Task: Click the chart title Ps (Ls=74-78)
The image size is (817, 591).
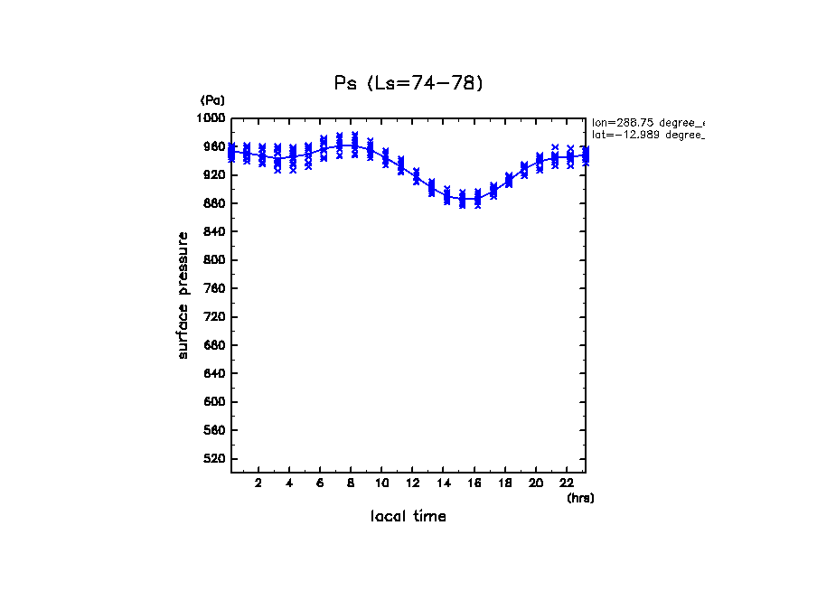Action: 408,84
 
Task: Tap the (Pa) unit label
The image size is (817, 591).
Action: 212,100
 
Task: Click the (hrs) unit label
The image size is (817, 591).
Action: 580,498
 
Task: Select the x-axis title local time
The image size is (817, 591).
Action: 408,517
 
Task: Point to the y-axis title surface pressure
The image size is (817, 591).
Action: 183,295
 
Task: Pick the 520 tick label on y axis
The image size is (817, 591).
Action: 215,459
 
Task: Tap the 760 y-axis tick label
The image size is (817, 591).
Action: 215,289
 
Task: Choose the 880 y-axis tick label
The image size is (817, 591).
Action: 215,203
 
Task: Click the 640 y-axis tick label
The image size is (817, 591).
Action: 215,374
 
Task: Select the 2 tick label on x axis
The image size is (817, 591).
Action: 258,483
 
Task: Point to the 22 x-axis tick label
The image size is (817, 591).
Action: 567,483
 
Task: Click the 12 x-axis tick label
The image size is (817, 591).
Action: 413,483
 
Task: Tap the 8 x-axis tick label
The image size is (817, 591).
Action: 351,483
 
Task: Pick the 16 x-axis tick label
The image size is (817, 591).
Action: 474,483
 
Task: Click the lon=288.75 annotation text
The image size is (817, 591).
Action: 647,122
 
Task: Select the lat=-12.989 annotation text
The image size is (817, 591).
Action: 647,135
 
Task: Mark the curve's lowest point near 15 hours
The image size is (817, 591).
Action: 463,200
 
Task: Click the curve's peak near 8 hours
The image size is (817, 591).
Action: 347,145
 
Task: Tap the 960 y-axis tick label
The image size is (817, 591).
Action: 215,146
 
